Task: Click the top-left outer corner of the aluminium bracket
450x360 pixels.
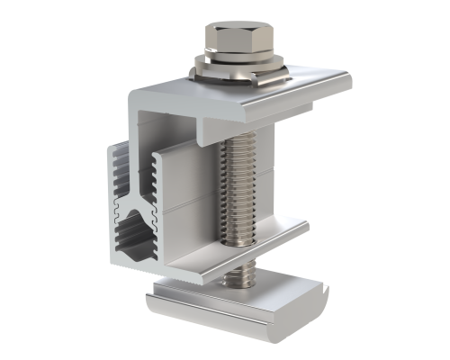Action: (135, 91)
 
